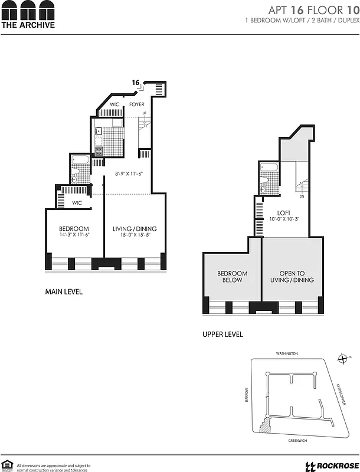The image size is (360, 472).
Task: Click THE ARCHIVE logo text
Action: click(x=28, y=25)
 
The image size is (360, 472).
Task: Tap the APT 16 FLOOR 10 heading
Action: click(x=313, y=10)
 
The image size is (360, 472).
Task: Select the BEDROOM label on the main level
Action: click(x=74, y=229)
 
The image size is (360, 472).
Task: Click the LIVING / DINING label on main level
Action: click(x=135, y=229)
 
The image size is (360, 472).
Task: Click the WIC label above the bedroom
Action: click(x=77, y=202)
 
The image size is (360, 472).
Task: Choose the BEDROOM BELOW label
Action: click(x=232, y=277)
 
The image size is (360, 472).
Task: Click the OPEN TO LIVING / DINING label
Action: click(x=292, y=277)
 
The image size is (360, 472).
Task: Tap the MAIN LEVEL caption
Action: click(x=64, y=291)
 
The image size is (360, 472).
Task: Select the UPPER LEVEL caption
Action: click(x=222, y=335)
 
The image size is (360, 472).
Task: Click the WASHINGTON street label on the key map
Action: click(x=287, y=353)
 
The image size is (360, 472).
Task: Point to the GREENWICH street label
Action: click(x=286, y=440)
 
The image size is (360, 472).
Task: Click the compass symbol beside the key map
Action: click(x=342, y=358)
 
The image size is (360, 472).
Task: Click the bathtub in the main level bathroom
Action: click(x=80, y=159)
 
